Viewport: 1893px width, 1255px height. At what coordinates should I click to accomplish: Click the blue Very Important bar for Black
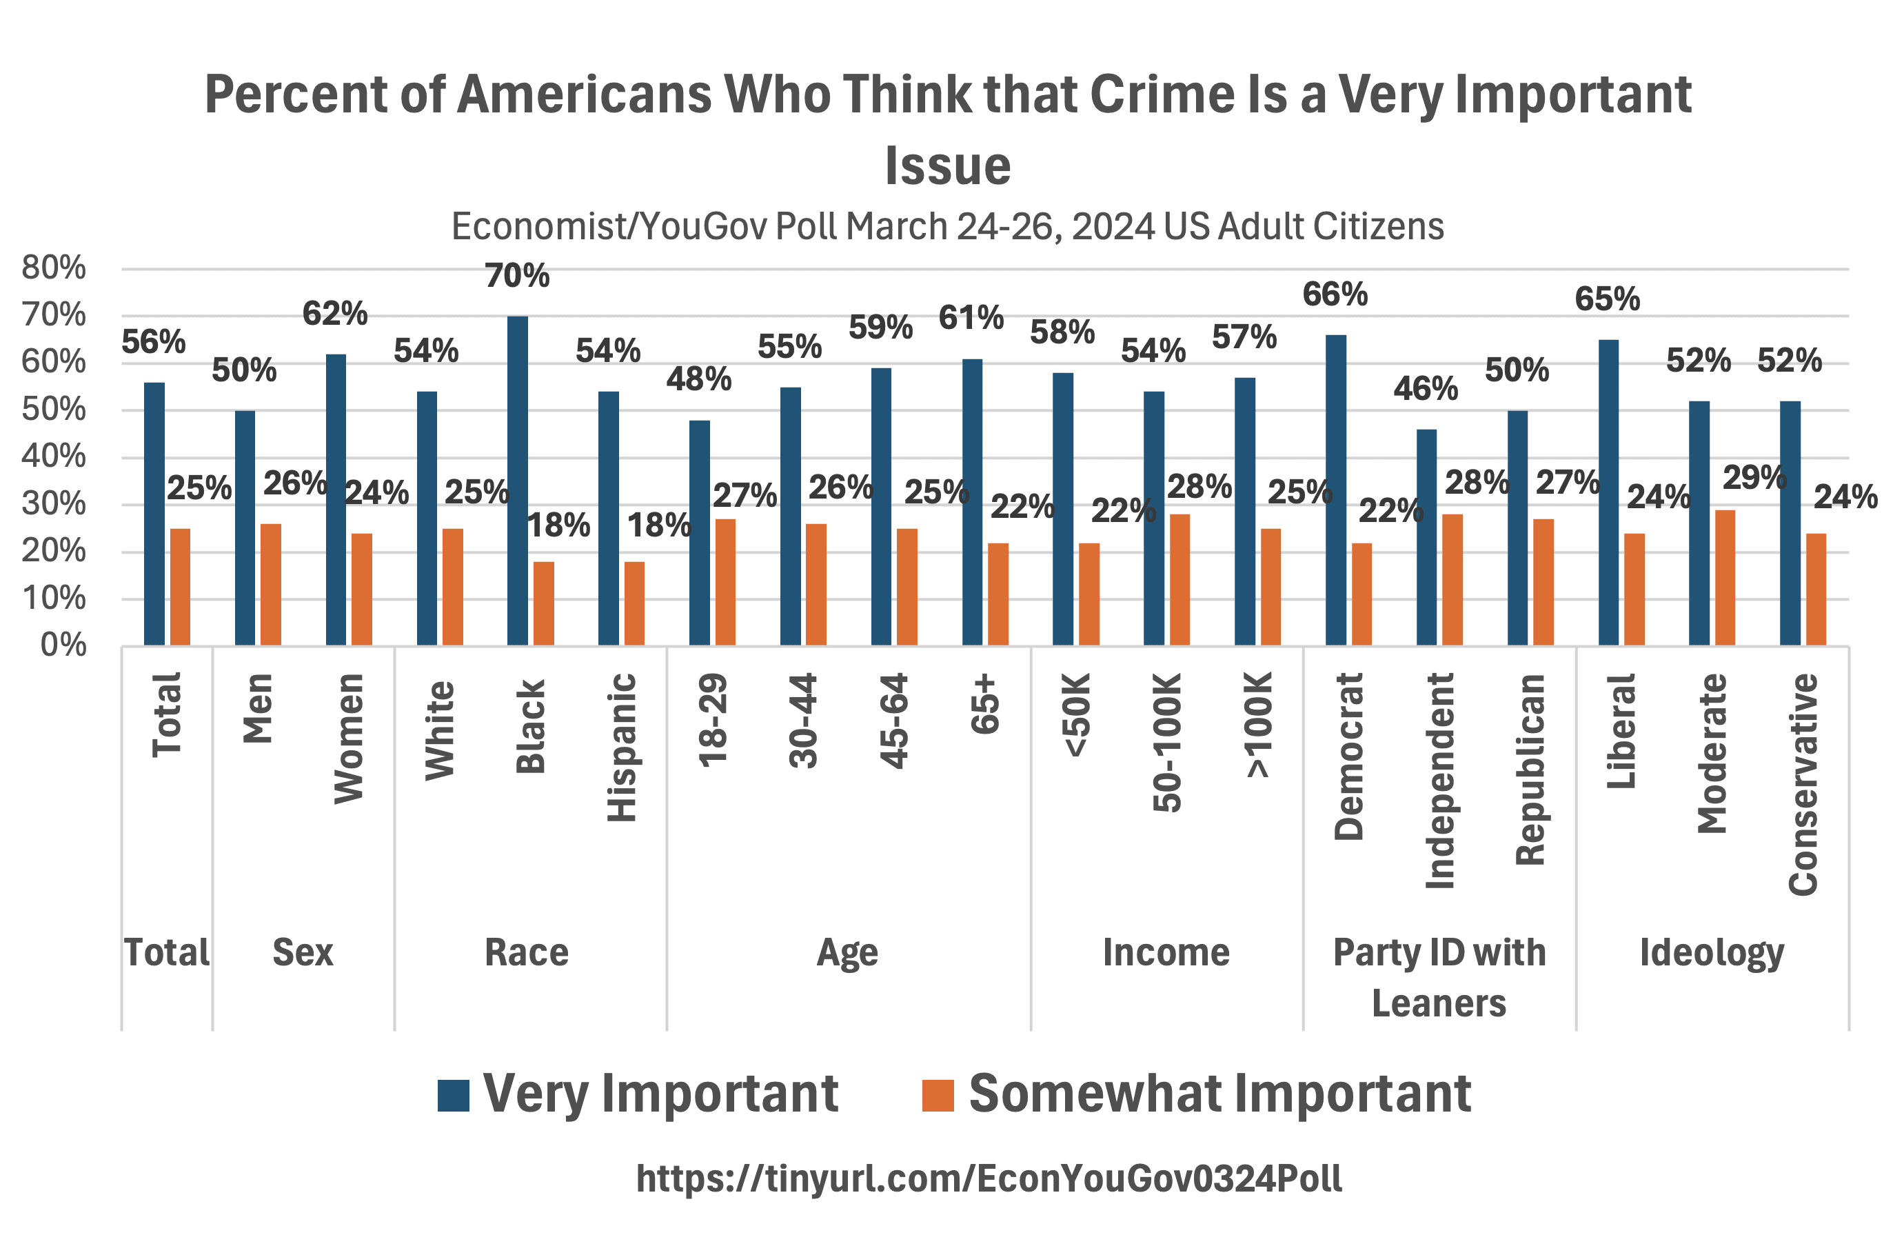point(518,480)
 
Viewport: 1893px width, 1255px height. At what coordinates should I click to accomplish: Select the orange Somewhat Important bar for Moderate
point(1724,577)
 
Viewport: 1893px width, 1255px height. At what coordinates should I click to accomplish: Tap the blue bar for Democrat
point(1335,490)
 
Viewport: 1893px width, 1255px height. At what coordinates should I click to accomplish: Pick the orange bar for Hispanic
point(634,603)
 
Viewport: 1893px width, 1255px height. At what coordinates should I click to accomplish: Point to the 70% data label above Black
point(517,276)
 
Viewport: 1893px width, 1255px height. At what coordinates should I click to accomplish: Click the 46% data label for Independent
point(1425,389)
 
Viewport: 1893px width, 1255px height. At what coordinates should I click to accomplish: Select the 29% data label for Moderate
point(1754,478)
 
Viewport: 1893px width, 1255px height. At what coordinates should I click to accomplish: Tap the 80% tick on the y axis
point(54,268)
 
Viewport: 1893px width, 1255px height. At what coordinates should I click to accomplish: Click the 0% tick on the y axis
point(63,645)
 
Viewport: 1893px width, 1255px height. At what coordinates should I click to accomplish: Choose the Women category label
point(349,738)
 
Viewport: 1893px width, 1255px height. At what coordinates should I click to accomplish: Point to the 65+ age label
point(985,704)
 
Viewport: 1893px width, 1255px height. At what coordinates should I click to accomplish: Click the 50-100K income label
point(1167,743)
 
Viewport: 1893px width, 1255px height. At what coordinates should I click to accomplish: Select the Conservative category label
point(1803,785)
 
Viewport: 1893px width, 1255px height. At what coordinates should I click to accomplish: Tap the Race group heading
point(527,952)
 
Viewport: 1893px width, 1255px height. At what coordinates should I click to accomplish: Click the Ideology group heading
point(1712,952)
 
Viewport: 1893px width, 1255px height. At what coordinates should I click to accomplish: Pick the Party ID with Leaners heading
point(1439,976)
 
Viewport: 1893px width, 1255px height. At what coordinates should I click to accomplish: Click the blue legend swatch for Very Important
point(453,1095)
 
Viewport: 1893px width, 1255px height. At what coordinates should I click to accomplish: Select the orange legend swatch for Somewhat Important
point(938,1095)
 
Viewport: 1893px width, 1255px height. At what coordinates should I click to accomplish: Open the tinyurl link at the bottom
point(989,1178)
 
